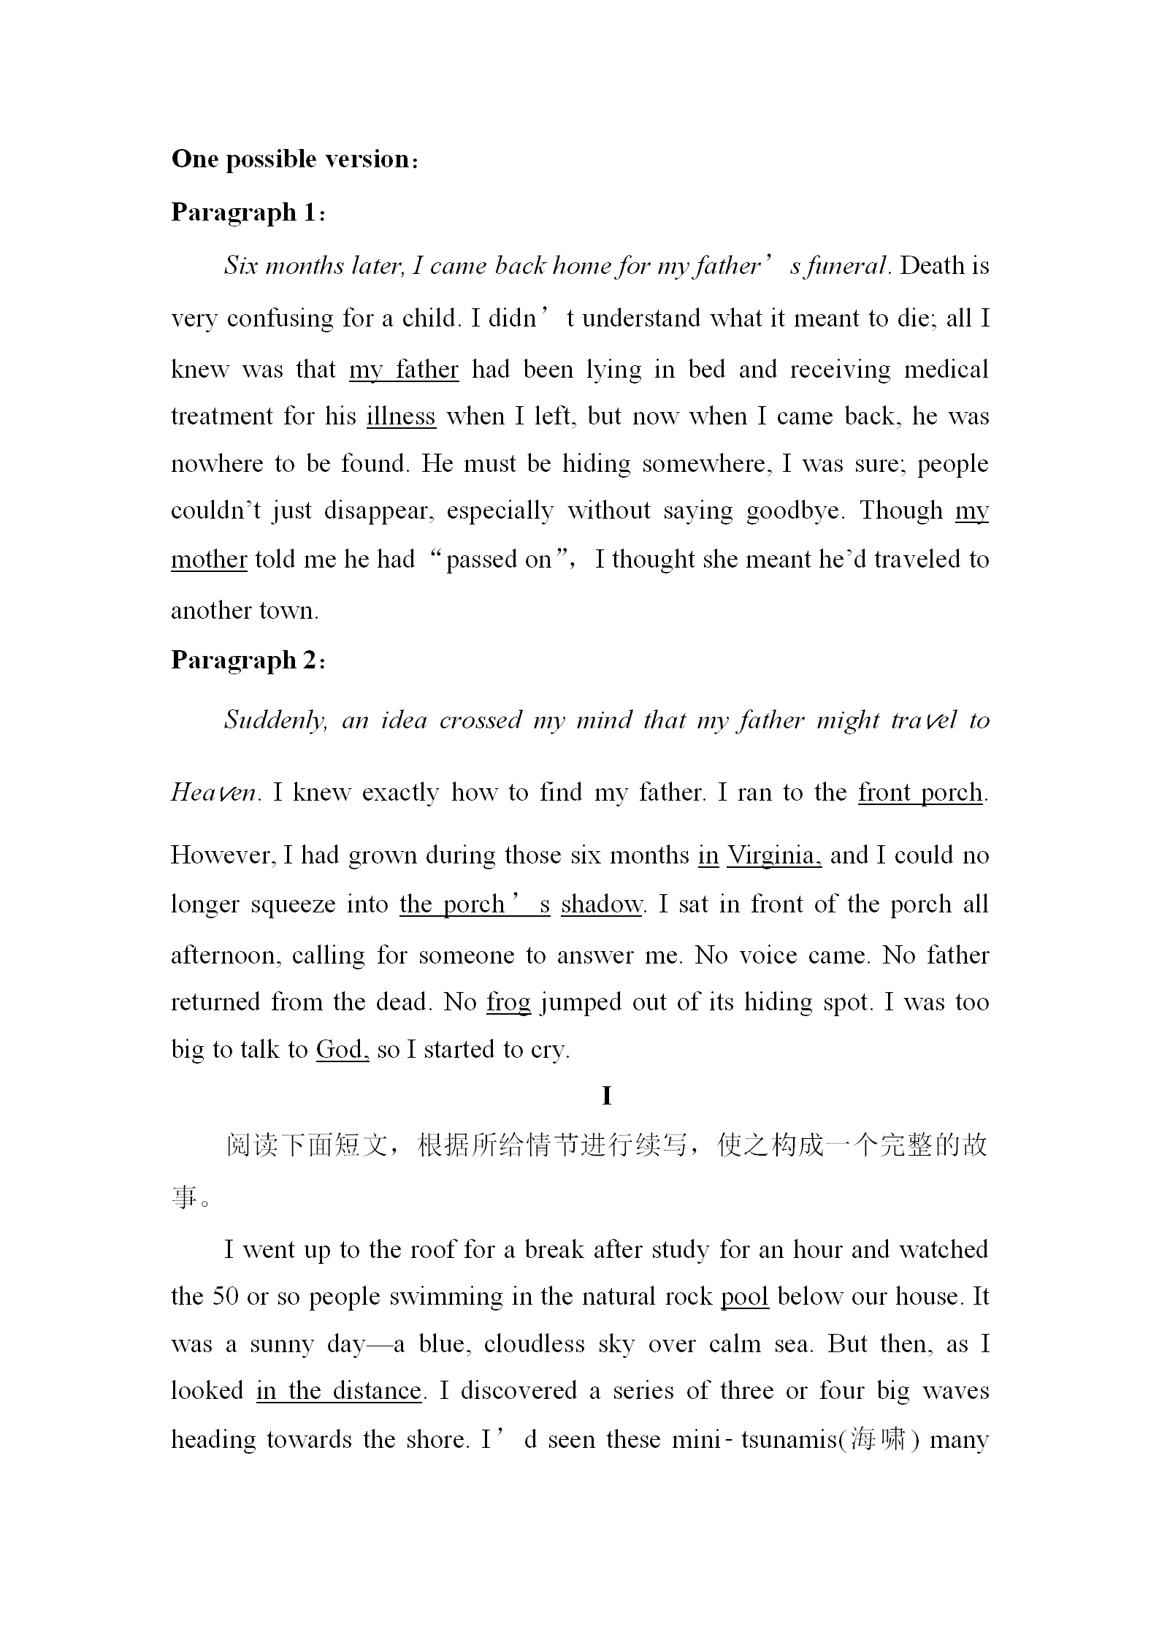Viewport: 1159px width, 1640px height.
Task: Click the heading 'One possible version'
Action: click(x=295, y=159)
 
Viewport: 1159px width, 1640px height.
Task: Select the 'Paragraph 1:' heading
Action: click(x=249, y=213)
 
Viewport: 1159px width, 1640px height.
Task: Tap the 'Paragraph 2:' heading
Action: click(x=249, y=660)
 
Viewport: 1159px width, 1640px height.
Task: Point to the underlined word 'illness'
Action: click(x=401, y=416)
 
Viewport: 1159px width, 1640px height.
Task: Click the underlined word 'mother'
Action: click(x=209, y=560)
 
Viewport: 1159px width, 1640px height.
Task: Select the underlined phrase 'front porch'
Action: click(x=920, y=793)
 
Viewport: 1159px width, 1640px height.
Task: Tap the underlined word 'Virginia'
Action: click(x=773, y=855)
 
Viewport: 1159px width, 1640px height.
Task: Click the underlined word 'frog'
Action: click(x=509, y=1002)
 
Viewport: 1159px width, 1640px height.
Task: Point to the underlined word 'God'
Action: click(x=340, y=1050)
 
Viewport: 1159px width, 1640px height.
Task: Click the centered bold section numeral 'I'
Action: click(x=606, y=1096)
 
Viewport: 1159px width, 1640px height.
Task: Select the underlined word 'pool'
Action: click(x=745, y=1297)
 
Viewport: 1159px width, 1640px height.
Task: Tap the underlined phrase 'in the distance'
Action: click(x=340, y=1391)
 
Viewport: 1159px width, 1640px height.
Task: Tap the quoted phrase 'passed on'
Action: click(x=499, y=560)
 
